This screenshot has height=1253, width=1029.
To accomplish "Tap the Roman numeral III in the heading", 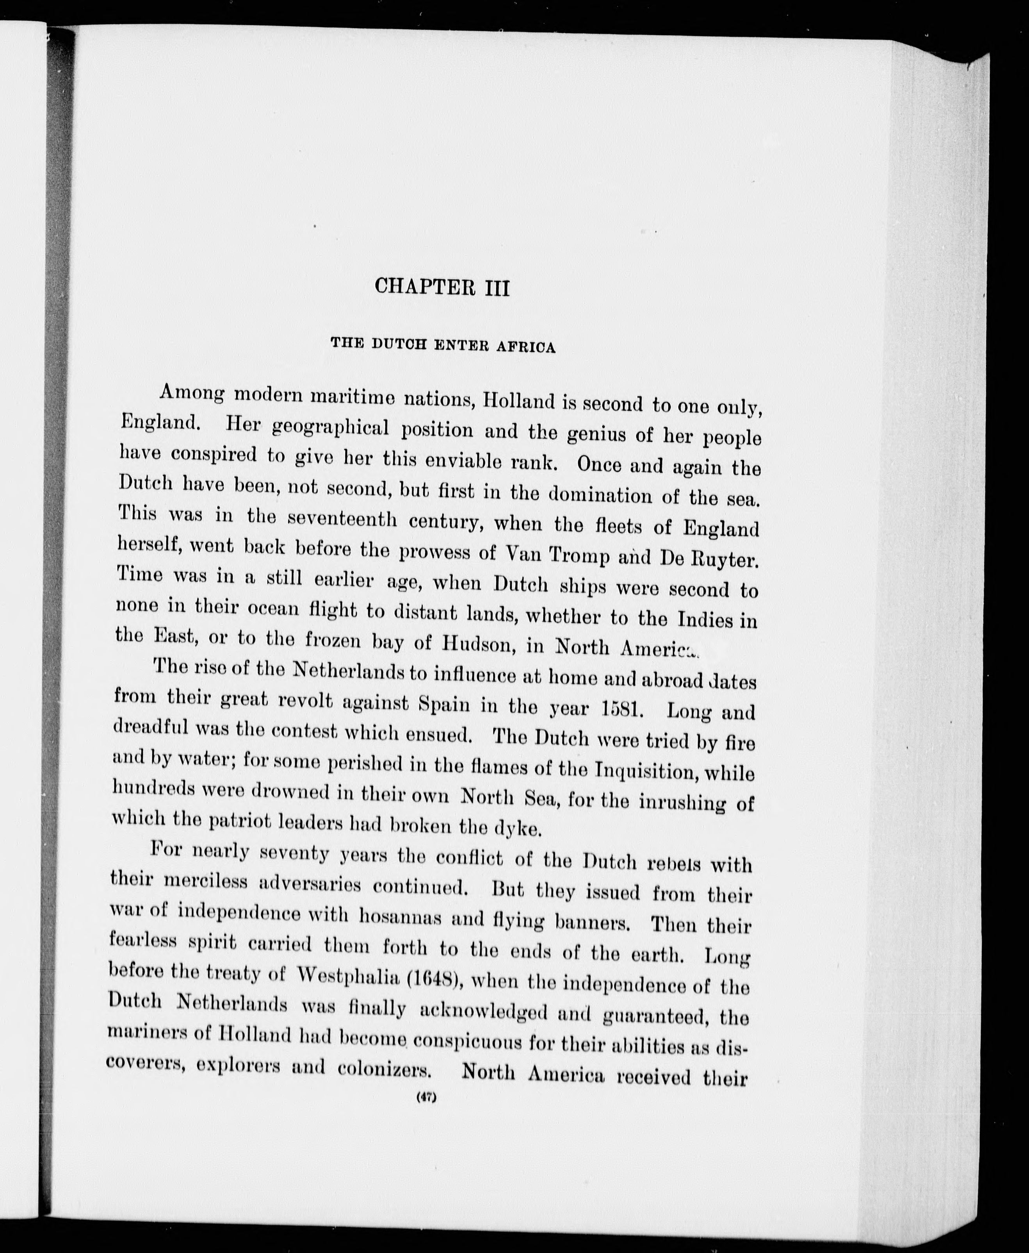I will tap(497, 289).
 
